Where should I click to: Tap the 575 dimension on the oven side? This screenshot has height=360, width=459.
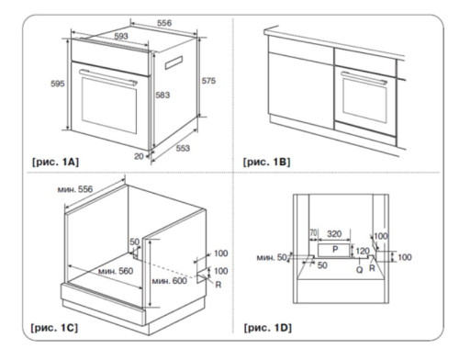pos(210,82)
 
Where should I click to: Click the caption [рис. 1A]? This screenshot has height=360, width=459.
pos(54,162)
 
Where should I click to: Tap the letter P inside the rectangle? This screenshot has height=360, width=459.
pos(336,250)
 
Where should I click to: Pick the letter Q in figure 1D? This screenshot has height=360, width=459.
pos(359,271)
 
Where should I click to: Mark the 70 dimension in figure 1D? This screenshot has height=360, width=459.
pos(313,234)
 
